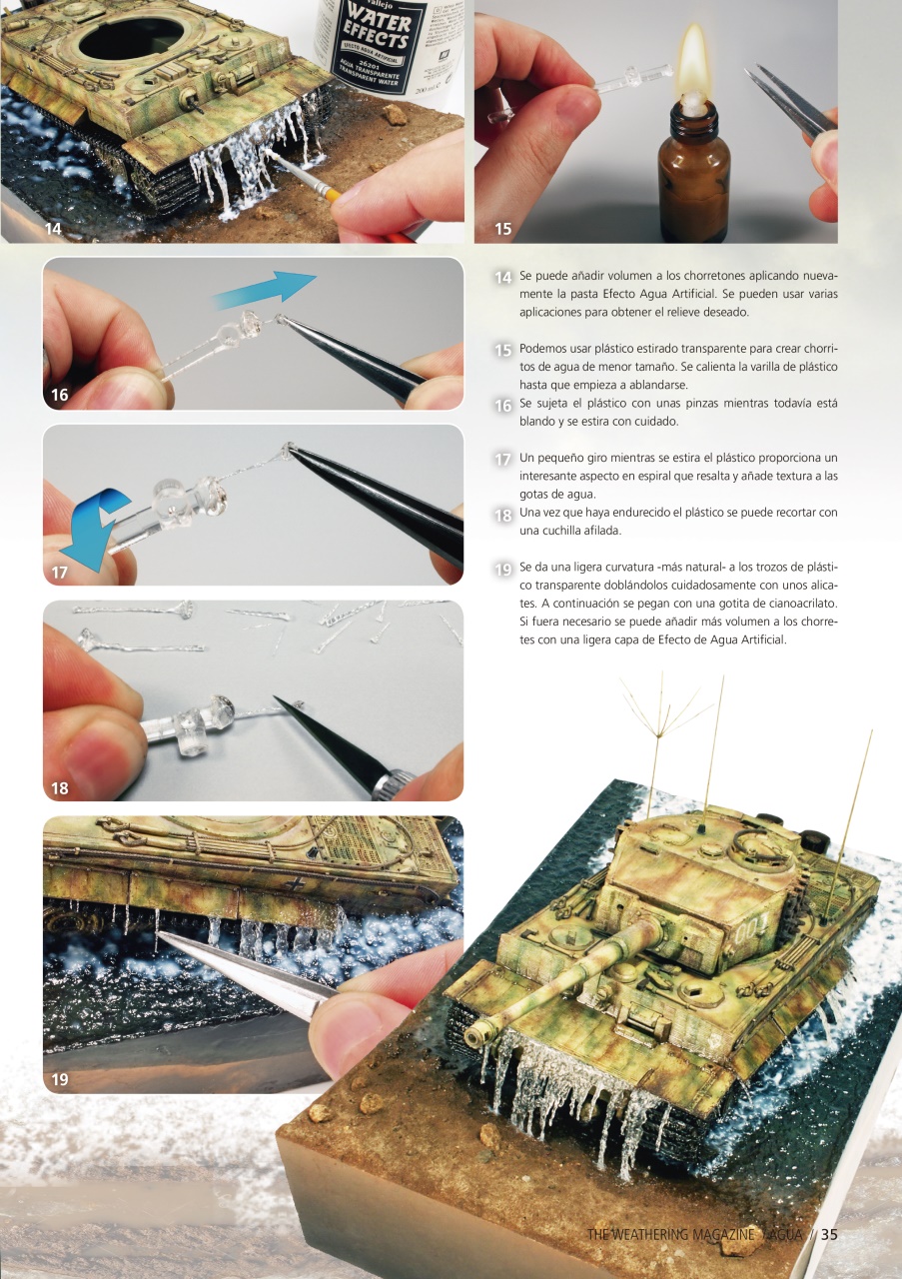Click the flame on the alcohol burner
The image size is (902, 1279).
click(x=691, y=62)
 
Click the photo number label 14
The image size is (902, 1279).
click(x=53, y=229)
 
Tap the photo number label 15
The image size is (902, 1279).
click(x=502, y=229)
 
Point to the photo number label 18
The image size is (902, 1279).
click(x=60, y=788)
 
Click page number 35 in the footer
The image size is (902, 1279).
click(x=828, y=1234)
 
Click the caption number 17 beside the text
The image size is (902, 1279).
click(x=503, y=460)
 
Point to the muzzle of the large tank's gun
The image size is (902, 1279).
click(x=478, y=1034)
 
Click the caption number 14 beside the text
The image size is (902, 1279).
click(x=503, y=277)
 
